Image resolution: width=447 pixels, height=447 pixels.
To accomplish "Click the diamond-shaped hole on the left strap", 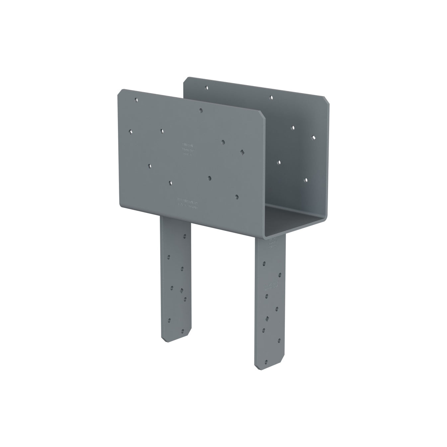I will [181, 290].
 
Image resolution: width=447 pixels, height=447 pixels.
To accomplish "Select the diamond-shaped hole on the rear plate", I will [313, 137].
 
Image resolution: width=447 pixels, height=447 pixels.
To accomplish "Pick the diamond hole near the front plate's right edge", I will [242, 152].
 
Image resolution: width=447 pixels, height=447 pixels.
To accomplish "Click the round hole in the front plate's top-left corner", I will [135, 99].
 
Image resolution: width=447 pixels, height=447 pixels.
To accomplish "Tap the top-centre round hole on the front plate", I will [201, 110].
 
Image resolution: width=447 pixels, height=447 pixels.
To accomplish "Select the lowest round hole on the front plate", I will [236, 197].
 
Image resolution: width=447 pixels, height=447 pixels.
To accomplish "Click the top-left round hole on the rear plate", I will [207, 88].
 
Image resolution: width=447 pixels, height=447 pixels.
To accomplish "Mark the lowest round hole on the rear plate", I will [306, 180].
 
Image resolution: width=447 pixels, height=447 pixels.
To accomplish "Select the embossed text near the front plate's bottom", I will [188, 203].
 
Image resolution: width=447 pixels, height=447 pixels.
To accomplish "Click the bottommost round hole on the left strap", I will [182, 331].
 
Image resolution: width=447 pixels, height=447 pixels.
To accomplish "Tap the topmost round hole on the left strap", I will [185, 237].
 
